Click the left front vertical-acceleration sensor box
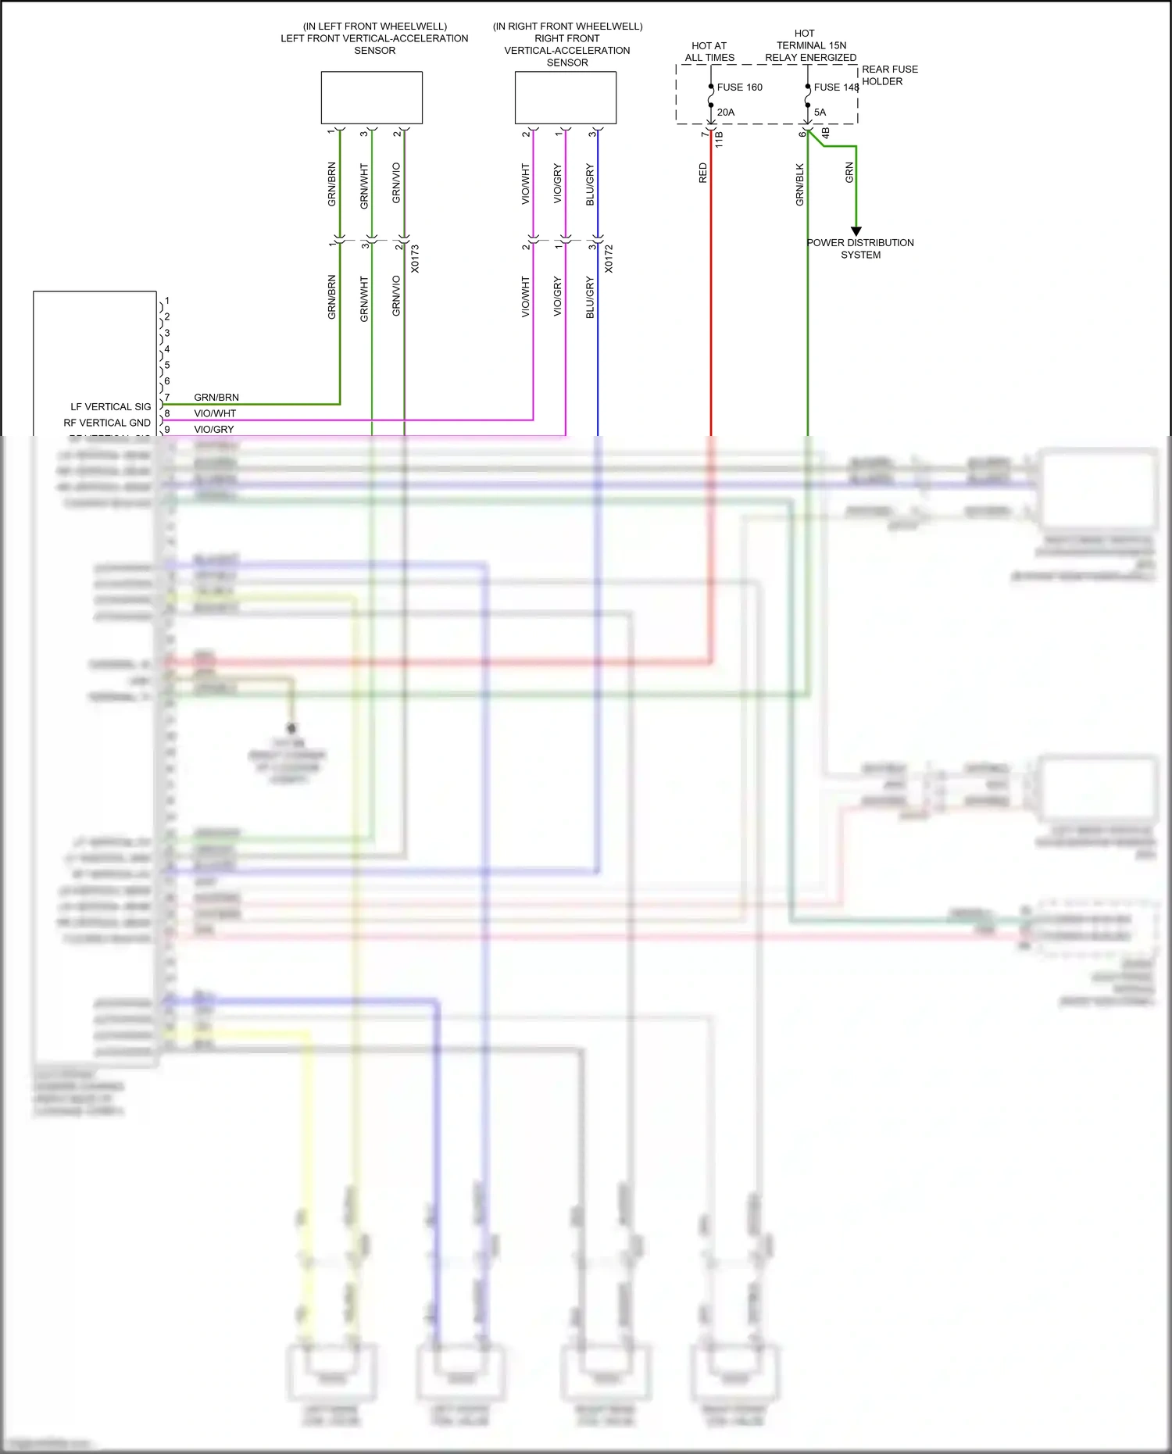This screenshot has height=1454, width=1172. pos(371,98)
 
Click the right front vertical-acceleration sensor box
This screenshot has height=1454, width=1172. pos(565,98)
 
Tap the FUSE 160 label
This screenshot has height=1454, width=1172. pos(739,88)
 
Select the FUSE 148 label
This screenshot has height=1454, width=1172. pos(835,88)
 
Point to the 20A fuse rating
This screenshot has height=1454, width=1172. pos(726,113)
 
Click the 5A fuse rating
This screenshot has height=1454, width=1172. pos(820,113)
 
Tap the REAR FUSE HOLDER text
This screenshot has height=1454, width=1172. pos(889,75)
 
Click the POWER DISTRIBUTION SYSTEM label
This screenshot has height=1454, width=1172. pos(860,248)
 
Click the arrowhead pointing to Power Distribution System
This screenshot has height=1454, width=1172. pos(856,231)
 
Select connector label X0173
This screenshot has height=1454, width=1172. pos(415,259)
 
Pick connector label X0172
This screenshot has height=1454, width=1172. pos(609,259)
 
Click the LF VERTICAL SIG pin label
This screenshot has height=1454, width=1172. pos(111,407)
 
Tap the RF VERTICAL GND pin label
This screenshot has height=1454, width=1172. pos(107,423)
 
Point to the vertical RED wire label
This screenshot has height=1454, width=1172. pos(702,173)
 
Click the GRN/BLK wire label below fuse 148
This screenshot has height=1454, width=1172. pos(799,185)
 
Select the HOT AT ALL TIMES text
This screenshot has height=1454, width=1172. pos(709,52)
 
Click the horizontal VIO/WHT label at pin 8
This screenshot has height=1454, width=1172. pos(215,413)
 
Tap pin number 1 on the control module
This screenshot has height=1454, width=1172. pos(167,301)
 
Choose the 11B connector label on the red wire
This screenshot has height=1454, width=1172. pos(719,140)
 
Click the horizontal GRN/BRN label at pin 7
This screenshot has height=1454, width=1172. pos(216,398)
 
